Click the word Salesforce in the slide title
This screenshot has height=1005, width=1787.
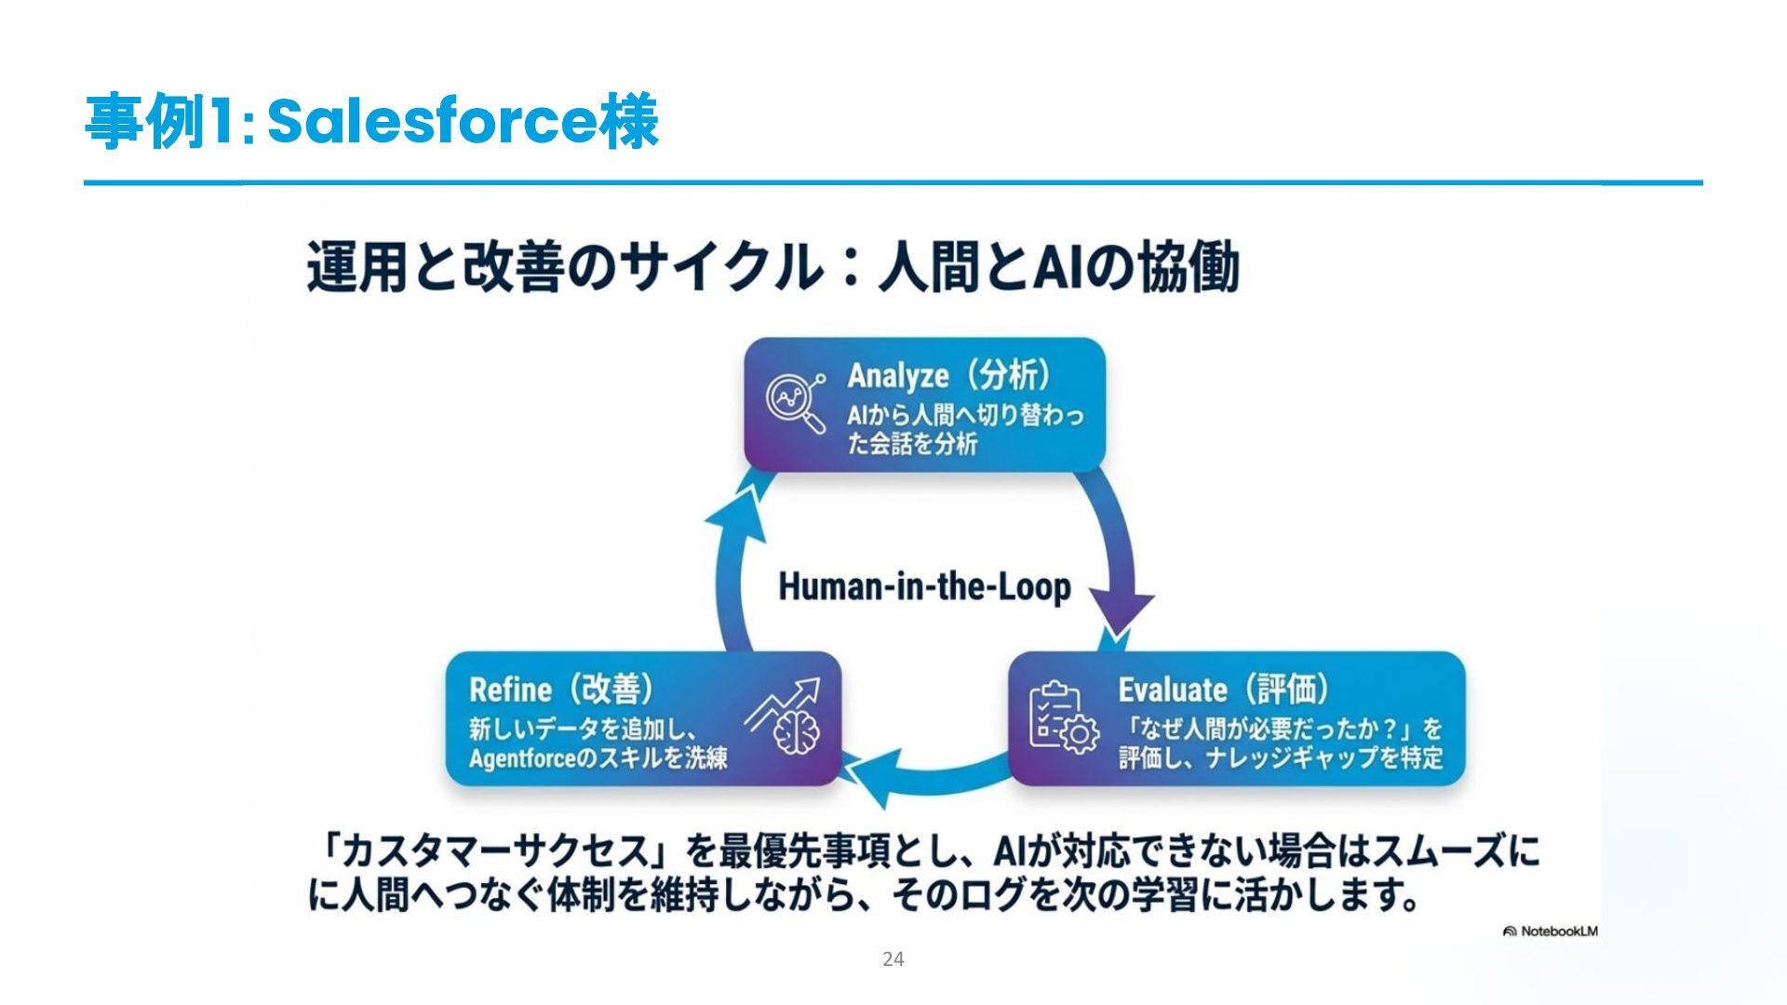[432, 122]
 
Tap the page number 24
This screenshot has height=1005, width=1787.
[893, 959]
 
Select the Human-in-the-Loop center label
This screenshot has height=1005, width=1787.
[924, 587]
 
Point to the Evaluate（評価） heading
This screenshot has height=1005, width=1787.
[1223, 690]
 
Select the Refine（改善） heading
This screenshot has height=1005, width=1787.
[561, 690]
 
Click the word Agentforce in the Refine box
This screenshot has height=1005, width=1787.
[521, 758]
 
